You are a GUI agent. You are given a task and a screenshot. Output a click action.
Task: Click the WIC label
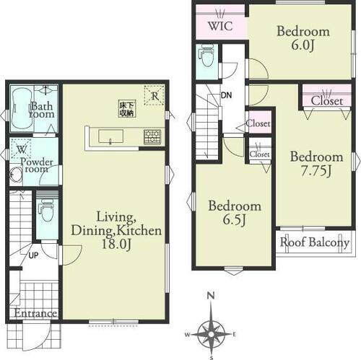coord(220,26)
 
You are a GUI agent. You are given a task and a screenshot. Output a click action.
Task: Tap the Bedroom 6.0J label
coord(303,38)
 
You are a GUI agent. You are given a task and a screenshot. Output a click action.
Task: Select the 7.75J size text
coord(316,171)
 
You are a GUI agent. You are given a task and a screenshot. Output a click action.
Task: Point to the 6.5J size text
coord(234,220)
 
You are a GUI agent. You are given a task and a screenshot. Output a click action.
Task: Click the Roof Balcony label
coord(315,242)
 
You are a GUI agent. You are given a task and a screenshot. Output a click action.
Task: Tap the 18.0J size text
coord(116,245)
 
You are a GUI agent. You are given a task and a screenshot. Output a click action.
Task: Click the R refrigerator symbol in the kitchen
coord(155,96)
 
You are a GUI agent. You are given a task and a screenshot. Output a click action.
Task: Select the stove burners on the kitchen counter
coord(152,137)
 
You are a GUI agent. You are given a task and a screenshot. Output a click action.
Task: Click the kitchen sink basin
coord(110,136)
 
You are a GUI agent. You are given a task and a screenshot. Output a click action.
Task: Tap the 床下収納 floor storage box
coord(127,109)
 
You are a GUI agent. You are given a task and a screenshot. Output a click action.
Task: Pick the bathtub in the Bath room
coord(22,109)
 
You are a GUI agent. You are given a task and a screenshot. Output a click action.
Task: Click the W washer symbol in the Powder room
coord(22,149)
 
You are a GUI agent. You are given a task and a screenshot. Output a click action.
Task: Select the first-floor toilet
coord(48,209)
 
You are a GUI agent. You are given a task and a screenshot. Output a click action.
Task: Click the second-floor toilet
coord(206,55)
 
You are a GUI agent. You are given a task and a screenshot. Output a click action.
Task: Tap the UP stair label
coord(33,255)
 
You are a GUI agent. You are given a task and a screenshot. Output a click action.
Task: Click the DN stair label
coord(226,95)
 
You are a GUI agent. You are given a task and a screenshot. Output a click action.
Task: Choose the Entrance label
coord(35,314)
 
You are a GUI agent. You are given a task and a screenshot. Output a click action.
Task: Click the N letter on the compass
coord(211,296)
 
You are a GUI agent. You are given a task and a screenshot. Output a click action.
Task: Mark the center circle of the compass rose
coord(211,335)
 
